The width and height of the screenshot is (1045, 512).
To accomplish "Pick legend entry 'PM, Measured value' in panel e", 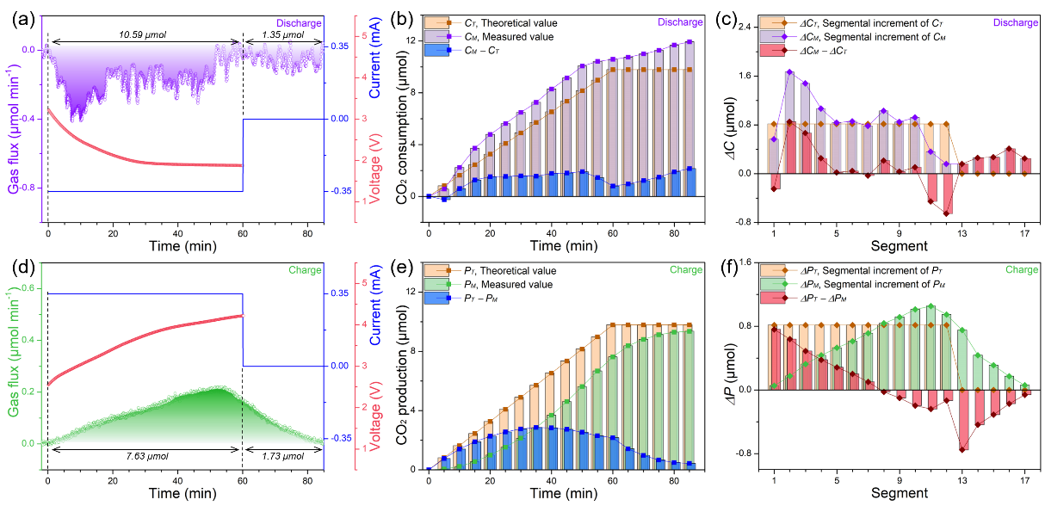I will click(x=508, y=284).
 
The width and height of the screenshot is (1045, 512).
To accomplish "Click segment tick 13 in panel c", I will click(x=962, y=233).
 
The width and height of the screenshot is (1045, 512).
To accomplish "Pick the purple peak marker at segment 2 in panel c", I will click(x=789, y=72).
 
